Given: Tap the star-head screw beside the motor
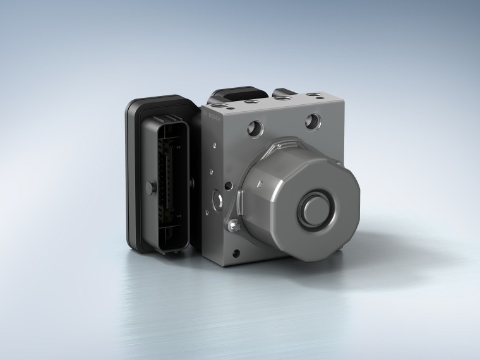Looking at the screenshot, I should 233,225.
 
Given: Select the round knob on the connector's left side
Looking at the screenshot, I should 151,187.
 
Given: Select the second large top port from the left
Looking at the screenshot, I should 252,101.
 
